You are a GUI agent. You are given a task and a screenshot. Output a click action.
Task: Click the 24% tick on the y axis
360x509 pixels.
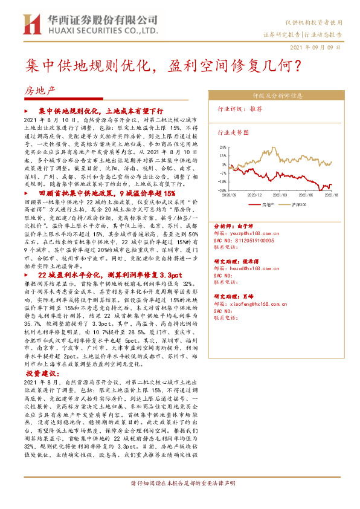pyautogui.click(x=223, y=147)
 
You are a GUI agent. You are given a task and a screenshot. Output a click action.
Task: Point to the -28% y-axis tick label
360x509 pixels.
pyautogui.click(x=222, y=189)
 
